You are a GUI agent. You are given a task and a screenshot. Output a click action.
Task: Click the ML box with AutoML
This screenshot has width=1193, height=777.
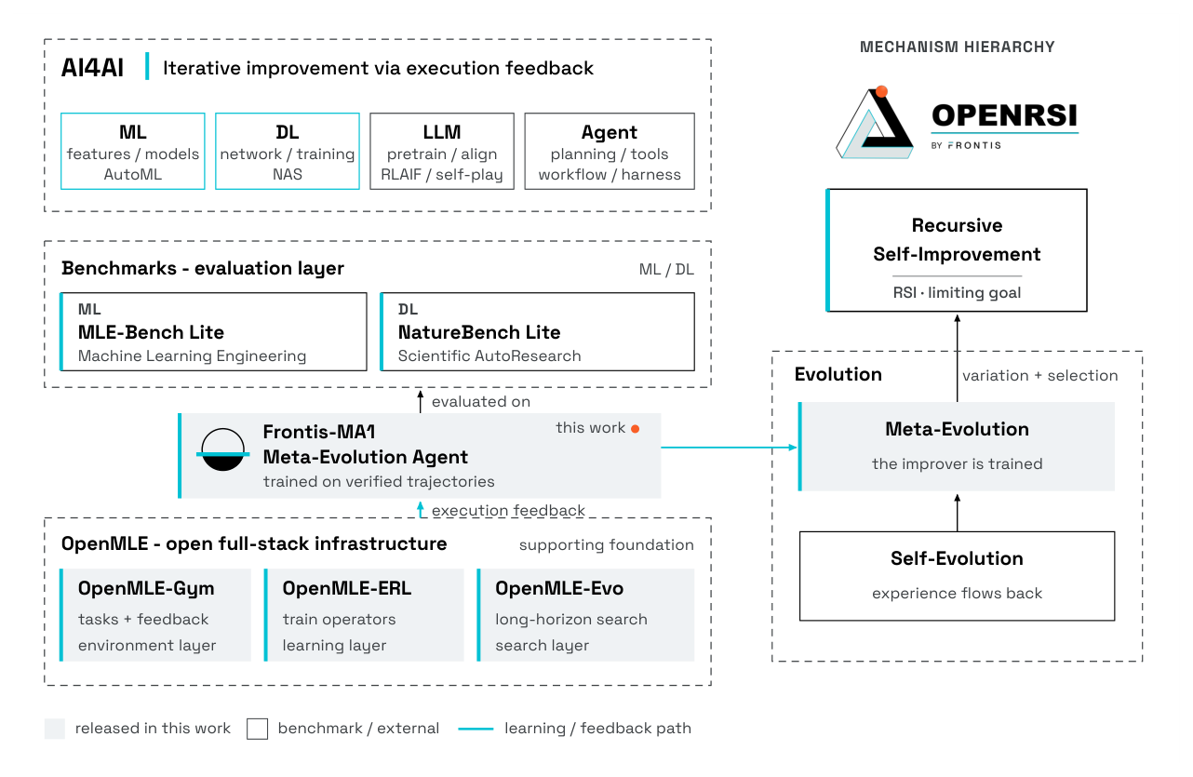click(x=133, y=152)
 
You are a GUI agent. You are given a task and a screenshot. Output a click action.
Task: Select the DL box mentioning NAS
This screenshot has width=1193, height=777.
click(x=288, y=152)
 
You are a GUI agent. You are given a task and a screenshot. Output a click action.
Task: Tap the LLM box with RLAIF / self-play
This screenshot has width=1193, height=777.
click(x=442, y=152)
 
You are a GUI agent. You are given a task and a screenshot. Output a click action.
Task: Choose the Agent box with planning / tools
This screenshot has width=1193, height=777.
click(x=610, y=152)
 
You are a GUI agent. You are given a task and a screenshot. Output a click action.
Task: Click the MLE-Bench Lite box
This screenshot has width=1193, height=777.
click(x=214, y=331)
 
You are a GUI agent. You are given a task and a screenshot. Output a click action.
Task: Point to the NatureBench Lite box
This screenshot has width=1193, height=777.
click(x=537, y=331)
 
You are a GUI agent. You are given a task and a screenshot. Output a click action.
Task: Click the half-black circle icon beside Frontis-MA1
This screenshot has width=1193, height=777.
click(x=223, y=450)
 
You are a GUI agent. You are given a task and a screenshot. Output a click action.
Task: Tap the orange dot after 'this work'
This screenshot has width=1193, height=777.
click(x=635, y=429)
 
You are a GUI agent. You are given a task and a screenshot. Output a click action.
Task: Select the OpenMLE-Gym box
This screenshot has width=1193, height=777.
click(x=155, y=615)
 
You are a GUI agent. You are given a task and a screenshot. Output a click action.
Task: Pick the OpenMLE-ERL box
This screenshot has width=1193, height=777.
click(x=364, y=615)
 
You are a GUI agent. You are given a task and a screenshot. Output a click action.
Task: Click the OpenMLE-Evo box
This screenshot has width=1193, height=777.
click(x=585, y=615)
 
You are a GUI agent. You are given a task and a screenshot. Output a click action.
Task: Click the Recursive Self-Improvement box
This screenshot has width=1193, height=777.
click(x=957, y=250)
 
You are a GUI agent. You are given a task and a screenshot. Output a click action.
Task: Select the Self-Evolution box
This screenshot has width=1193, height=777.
click(x=957, y=576)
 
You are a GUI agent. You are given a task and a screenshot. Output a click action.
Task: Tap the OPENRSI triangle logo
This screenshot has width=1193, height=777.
click(x=875, y=123)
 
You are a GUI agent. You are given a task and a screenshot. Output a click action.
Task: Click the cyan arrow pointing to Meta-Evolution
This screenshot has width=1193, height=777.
click(x=730, y=448)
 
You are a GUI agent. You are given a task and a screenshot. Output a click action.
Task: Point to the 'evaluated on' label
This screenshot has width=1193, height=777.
click(x=481, y=402)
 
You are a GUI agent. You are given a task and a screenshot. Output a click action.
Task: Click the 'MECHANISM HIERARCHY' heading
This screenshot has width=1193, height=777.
click(x=957, y=47)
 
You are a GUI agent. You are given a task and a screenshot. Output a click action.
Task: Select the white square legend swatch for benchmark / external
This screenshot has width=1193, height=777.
click(x=257, y=729)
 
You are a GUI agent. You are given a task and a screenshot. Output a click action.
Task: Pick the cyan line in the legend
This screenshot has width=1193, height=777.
click(x=476, y=729)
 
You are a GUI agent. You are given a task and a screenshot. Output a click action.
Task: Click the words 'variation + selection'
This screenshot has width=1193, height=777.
click(x=1039, y=375)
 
